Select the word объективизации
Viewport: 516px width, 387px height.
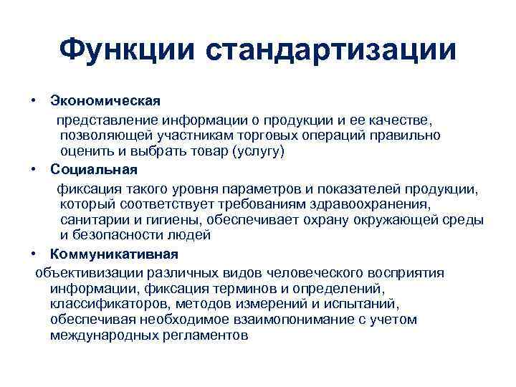[88, 272]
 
